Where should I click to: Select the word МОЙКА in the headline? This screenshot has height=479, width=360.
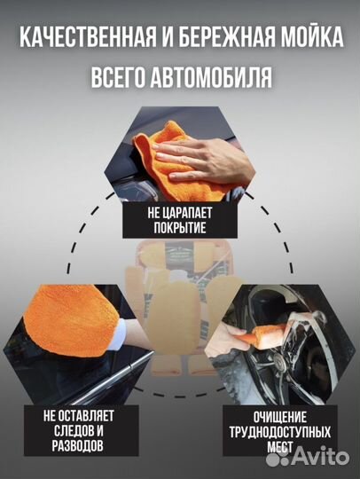[309, 37]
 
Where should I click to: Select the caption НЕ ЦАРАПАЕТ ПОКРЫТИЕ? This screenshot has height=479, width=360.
[180, 221]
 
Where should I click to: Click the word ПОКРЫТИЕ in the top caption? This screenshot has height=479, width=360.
[180, 229]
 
